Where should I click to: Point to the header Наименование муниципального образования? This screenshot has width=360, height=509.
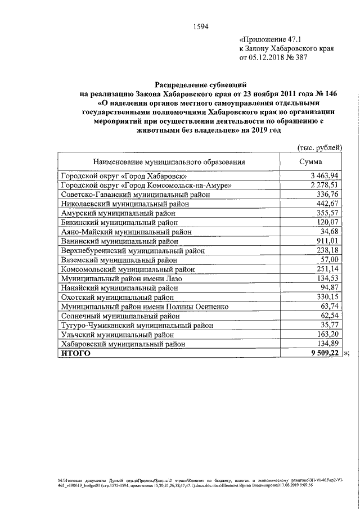[169, 162]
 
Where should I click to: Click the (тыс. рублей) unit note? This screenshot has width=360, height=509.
[319, 147]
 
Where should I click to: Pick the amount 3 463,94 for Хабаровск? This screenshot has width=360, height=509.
[325, 176]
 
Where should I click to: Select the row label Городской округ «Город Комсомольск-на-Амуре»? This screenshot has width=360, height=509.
[146, 185]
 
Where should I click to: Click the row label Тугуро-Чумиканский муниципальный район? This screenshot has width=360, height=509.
[137, 326]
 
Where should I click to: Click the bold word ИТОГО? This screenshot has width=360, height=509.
[75, 354]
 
